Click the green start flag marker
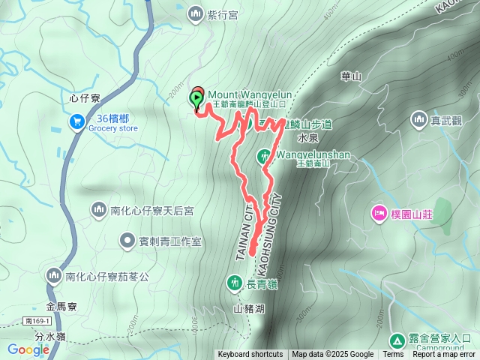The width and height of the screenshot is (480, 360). (196, 96)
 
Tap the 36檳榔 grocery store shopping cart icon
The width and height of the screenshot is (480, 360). (76, 121)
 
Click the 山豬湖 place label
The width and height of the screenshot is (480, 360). (248, 308)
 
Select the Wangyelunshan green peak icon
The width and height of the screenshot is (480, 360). (264, 156)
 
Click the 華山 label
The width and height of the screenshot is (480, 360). (351, 76)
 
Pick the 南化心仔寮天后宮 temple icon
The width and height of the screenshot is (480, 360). (98, 211)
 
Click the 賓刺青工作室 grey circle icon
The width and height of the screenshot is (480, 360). (127, 241)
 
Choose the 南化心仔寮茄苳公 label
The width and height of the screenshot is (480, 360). (107, 277)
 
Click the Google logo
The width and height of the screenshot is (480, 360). (28, 349)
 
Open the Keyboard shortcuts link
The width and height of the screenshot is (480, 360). (250, 355)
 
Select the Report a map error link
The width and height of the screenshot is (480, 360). (444, 355)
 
